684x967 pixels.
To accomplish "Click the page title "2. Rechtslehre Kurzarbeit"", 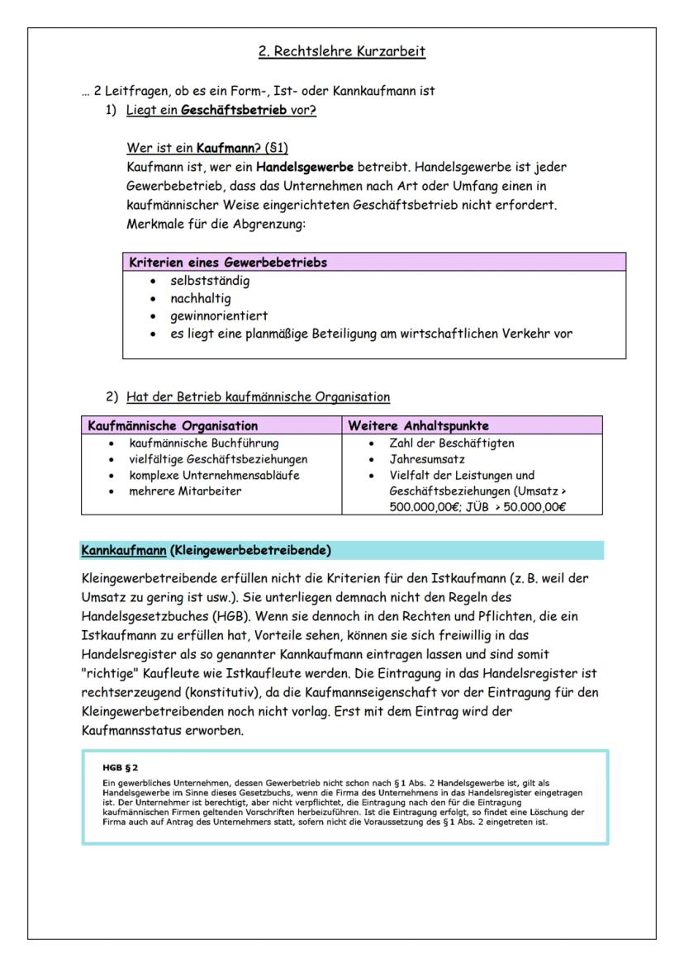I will point(342,52).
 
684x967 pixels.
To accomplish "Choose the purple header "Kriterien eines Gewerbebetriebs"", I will point(228,263).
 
